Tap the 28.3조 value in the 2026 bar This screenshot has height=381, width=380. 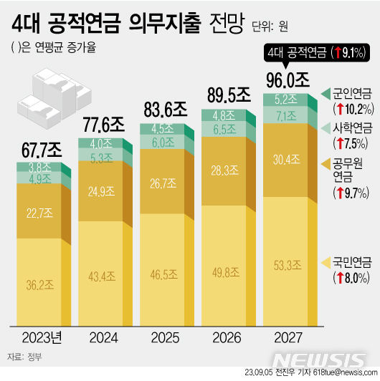click(223, 170)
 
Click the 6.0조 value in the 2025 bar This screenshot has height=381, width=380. click(161, 142)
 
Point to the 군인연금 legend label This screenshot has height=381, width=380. click(352, 92)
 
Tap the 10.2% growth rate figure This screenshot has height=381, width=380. click(353, 109)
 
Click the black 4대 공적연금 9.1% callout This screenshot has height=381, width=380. click(316, 51)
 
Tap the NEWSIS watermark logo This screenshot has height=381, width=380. click(323, 360)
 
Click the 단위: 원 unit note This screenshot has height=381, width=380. click(270, 27)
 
